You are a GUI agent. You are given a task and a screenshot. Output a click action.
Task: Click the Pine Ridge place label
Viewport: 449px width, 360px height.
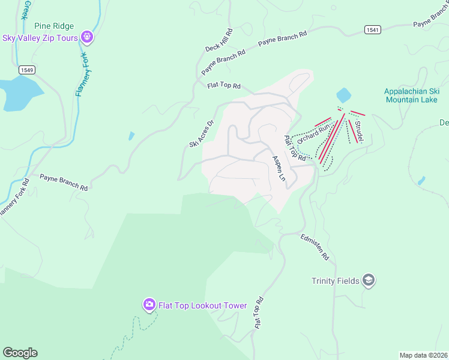coord(54,26)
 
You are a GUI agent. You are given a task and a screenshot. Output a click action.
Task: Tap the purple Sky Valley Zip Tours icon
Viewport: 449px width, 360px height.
coord(88,38)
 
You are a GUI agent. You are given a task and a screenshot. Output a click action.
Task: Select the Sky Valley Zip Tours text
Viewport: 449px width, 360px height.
coord(41,38)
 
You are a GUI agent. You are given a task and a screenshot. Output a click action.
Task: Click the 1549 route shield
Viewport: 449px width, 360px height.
coord(26,70)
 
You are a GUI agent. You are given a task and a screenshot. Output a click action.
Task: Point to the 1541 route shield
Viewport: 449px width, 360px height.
coord(372,29)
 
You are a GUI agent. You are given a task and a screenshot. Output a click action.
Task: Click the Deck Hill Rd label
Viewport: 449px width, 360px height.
coord(218,40)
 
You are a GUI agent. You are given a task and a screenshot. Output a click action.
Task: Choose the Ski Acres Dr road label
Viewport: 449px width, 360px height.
coord(202,134)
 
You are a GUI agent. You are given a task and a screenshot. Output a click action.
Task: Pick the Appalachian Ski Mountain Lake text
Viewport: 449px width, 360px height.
coord(411,95)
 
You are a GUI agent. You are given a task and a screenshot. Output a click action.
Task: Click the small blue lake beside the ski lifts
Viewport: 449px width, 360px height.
coord(343,95)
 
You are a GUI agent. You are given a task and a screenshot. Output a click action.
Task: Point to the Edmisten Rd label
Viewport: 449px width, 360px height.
coord(315,247)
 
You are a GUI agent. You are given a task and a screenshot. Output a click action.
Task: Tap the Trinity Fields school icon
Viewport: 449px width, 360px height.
coord(369,280)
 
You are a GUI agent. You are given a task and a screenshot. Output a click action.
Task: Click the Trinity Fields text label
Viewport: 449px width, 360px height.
coord(335,281)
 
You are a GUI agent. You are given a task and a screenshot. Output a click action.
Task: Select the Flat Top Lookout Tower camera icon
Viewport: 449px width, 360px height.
coord(149,305)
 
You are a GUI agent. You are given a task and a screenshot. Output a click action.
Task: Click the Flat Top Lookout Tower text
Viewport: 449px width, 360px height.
coord(202,305)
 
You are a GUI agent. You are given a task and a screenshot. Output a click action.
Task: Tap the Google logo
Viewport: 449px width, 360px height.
coord(20,353)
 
